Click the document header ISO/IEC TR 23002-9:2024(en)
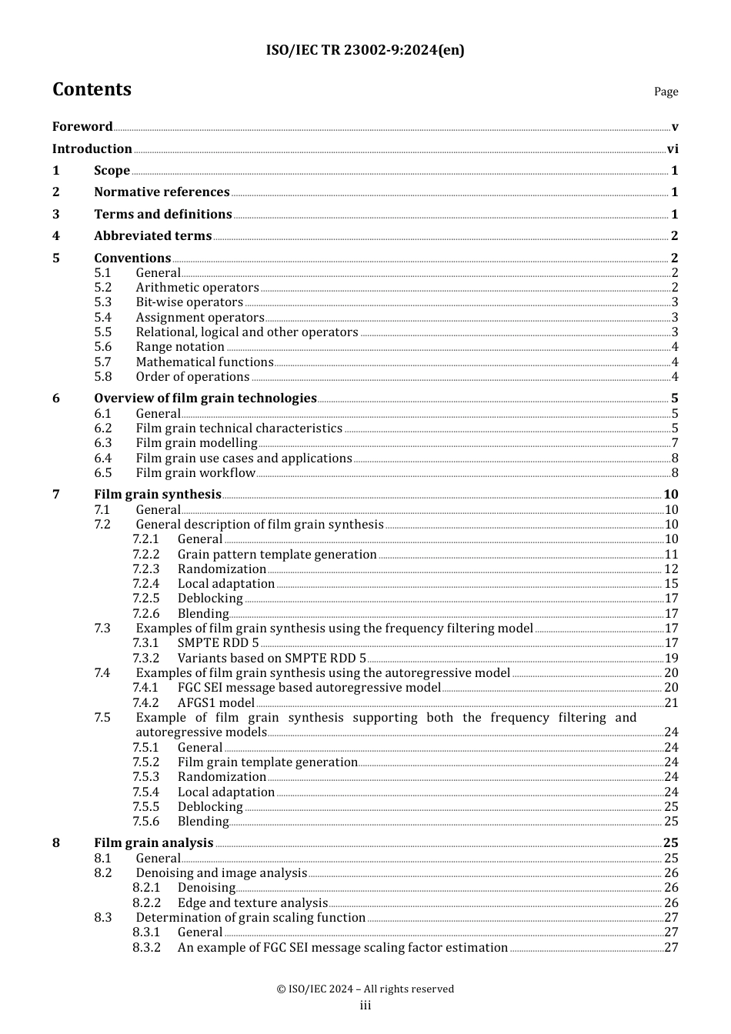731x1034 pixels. tap(365, 51)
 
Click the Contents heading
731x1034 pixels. tap(92, 90)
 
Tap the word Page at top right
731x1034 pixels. tap(666, 92)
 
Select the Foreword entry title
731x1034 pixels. tap(82, 127)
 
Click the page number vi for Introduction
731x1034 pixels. tap(673, 149)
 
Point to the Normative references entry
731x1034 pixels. tap(162, 192)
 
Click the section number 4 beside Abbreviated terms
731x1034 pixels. tap(56, 236)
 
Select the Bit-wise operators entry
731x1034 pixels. tap(189, 302)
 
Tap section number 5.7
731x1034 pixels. tap(103, 362)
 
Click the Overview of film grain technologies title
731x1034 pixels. tap(205, 399)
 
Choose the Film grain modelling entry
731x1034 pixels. tap(196, 443)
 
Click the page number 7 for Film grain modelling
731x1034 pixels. tap(675, 443)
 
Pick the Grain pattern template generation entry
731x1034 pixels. tap(277, 555)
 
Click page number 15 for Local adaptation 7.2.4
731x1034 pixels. tap(671, 584)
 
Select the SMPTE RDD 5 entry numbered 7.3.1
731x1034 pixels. tap(218, 643)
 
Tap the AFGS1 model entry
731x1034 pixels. tap(215, 703)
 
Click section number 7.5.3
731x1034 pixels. tap(145, 777)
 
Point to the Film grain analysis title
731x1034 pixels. tap(153, 843)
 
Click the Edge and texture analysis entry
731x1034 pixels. tap(252, 903)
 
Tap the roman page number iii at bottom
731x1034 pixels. tap(365, 1006)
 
